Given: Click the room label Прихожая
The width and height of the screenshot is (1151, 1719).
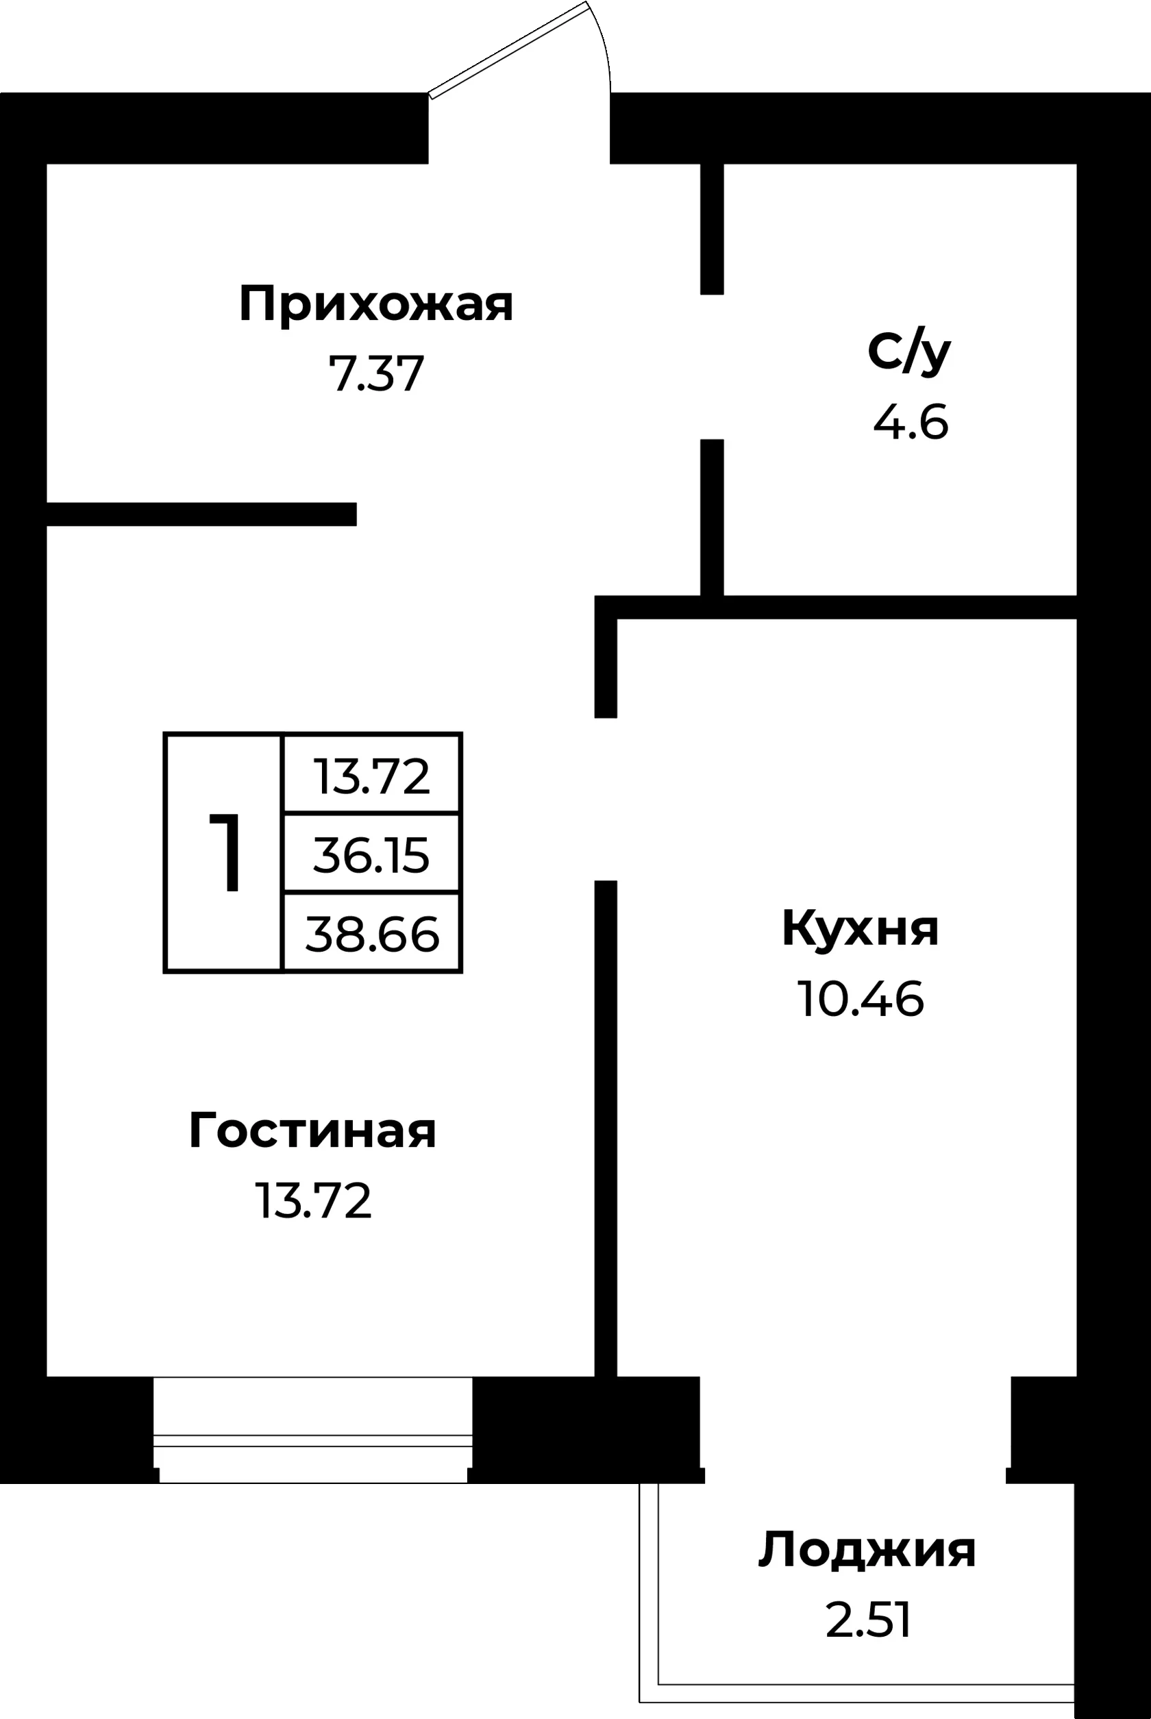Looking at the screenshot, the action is click(376, 306).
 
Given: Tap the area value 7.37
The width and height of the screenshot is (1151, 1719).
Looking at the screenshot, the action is click(376, 373).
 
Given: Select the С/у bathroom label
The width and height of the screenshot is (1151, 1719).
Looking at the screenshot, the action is click(910, 353).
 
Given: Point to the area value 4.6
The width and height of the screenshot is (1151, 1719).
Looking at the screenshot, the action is click(911, 423).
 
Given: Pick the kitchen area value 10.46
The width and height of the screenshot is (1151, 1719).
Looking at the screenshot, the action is click(861, 999).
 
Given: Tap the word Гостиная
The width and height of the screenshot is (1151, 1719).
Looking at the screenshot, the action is click(312, 1130).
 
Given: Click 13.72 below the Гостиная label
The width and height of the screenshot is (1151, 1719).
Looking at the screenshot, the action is click(314, 1201).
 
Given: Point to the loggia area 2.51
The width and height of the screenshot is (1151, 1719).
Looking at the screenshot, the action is click(869, 1620).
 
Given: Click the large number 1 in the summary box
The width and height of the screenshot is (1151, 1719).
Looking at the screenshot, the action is click(225, 853).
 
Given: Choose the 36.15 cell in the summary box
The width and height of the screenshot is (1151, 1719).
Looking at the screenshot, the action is click(371, 854).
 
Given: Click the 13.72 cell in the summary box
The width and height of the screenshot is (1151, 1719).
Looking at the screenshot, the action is click(371, 774).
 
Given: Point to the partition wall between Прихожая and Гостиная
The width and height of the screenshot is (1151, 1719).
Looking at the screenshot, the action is click(202, 515).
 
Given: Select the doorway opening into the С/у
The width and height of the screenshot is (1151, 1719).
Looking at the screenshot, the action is click(712, 367).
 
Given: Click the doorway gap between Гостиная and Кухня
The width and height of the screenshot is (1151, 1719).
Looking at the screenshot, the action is click(606, 800).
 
